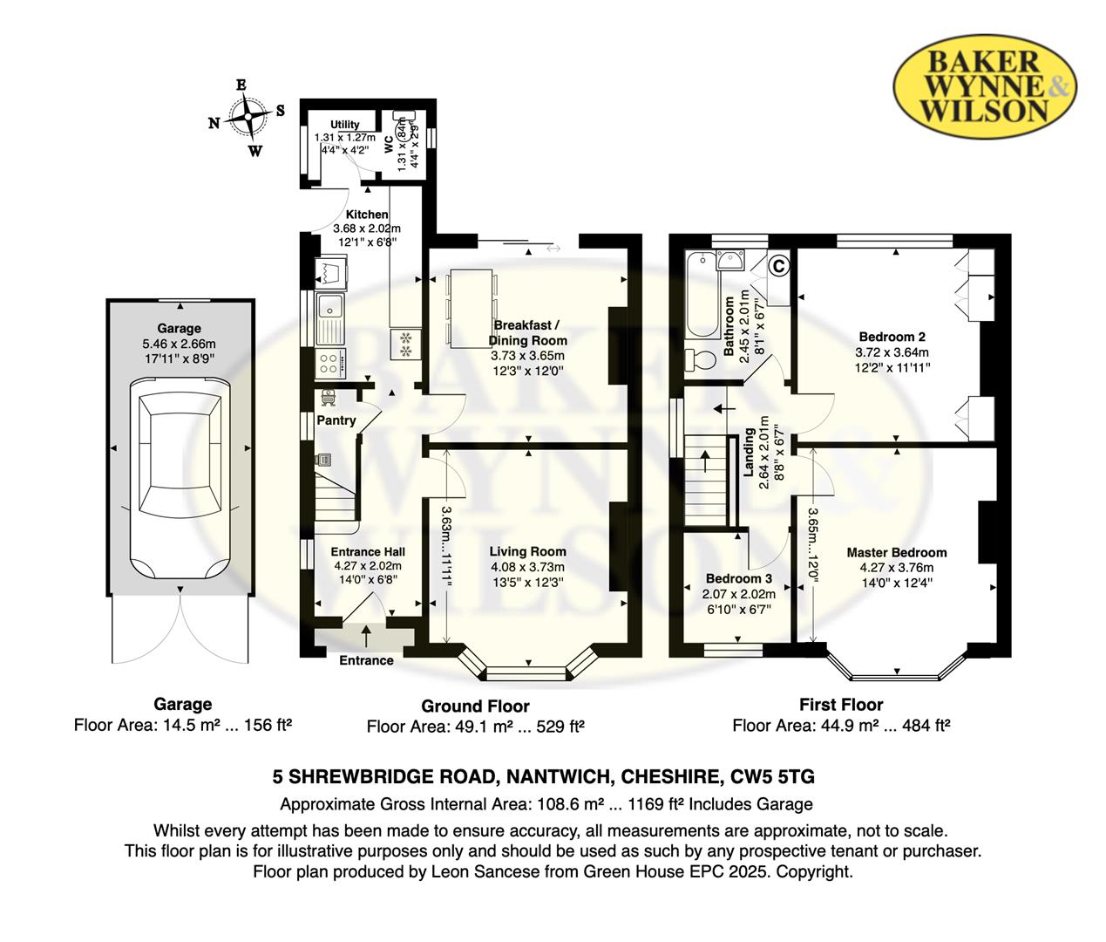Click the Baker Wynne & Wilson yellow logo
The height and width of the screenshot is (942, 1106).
click(x=985, y=88)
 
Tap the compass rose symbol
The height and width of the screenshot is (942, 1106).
click(x=248, y=117)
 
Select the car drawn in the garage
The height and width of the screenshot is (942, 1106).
click(x=180, y=474)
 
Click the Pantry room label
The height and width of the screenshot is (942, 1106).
click(x=336, y=420)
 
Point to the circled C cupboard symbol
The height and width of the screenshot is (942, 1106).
click(x=779, y=266)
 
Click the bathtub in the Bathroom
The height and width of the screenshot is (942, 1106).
click(x=702, y=295)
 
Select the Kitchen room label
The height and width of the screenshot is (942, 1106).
click(x=367, y=215)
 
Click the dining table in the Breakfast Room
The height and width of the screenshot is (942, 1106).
click(x=471, y=309)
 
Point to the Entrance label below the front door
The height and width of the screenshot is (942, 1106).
click(x=367, y=660)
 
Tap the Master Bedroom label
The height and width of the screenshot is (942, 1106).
click(x=896, y=552)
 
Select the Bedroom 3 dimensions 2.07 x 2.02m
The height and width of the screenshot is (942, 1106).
click(x=739, y=593)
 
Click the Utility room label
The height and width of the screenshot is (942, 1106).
click(x=344, y=124)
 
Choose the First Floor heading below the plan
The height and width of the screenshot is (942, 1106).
click(x=841, y=704)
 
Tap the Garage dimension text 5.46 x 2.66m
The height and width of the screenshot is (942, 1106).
click(x=179, y=344)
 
